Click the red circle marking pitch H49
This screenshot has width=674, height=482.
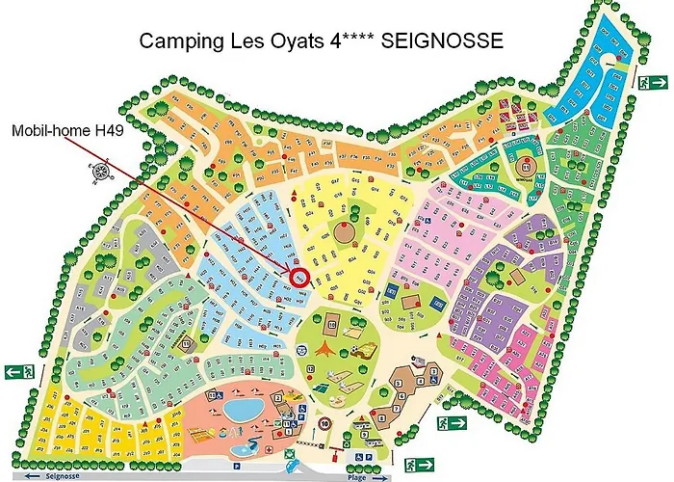click(x=298, y=277)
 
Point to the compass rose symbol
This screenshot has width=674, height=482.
click(x=98, y=173)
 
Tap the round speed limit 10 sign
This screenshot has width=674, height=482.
click(x=325, y=421)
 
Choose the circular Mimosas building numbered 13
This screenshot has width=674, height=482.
click(x=527, y=164)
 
